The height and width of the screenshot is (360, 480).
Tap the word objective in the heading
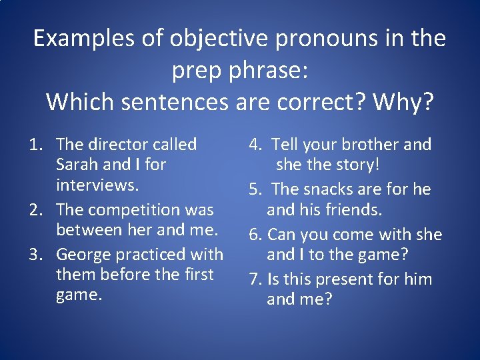pos(207,39)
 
